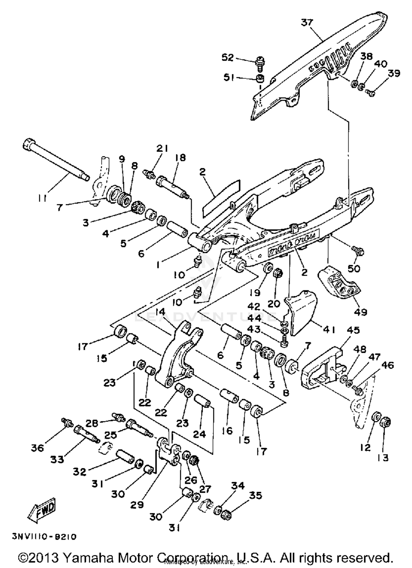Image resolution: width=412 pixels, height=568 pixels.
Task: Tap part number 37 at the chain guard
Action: pos(307,22)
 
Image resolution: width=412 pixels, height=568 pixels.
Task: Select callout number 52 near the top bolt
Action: pos(227,58)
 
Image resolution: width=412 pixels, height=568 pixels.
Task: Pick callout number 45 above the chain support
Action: pos(353,330)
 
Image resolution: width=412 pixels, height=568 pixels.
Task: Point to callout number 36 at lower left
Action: pos(37,448)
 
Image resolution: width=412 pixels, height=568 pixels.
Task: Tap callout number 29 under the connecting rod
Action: pos(137,505)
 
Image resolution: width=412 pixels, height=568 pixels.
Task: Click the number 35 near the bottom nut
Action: pos(255,496)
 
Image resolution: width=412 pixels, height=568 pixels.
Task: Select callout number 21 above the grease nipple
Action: pos(162,148)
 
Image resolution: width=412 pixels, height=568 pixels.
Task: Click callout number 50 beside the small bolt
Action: pos(354,268)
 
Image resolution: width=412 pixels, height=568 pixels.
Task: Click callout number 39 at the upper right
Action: pos(394,73)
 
